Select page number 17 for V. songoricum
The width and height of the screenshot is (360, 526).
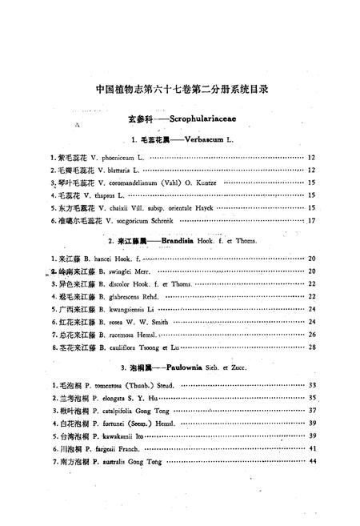(x=312, y=220)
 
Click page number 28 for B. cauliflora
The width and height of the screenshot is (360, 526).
(x=312, y=347)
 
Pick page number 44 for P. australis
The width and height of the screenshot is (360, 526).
(x=313, y=462)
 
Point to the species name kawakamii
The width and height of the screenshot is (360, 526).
(x=119, y=436)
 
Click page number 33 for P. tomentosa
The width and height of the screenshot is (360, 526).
(x=313, y=385)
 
